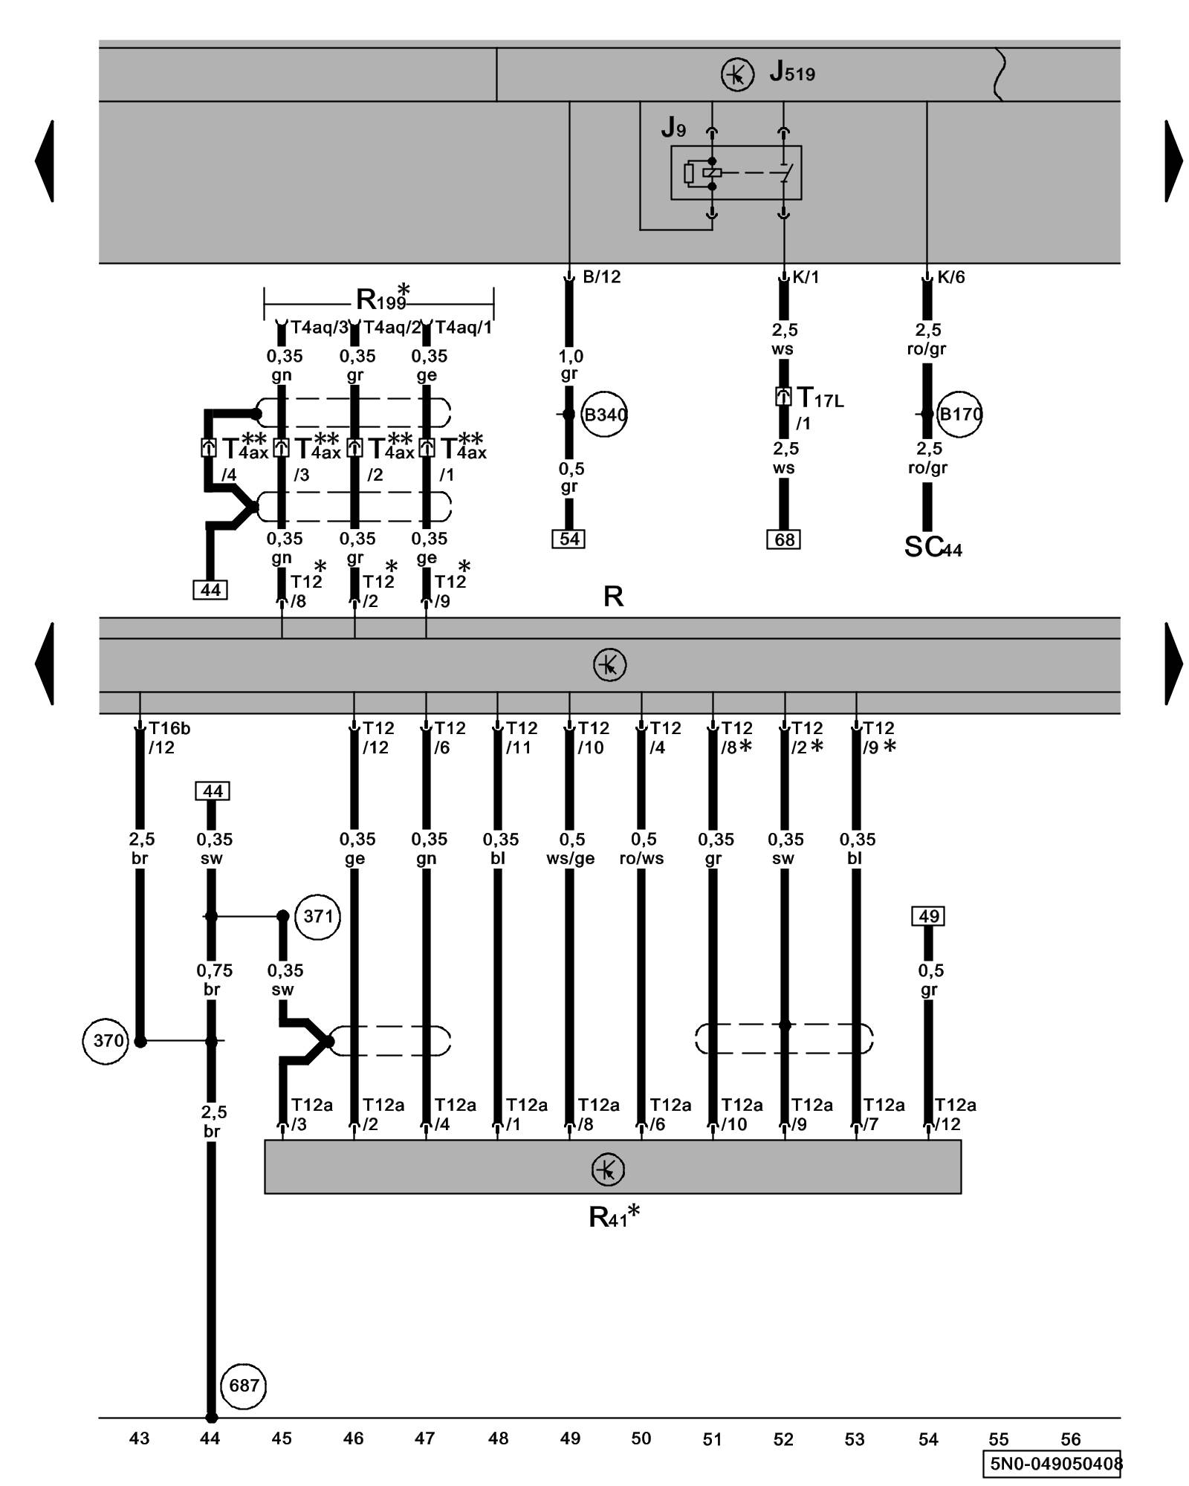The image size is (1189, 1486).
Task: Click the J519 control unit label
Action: click(x=792, y=73)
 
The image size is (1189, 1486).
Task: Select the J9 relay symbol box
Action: click(x=736, y=172)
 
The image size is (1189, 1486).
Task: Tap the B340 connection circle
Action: click(x=604, y=415)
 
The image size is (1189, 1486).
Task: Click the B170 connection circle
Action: click(x=960, y=415)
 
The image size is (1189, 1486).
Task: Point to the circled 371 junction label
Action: click(x=318, y=916)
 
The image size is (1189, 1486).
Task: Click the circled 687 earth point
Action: click(x=244, y=1386)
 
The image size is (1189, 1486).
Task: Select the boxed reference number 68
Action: click(x=784, y=540)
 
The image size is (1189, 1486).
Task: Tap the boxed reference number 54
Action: click(x=569, y=539)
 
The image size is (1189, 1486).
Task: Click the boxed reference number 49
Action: click(x=928, y=916)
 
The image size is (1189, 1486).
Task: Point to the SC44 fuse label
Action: click(x=933, y=548)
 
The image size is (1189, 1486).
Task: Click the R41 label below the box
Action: click(x=613, y=1217)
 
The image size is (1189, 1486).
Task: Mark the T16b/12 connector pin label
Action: click(x=168, y=738)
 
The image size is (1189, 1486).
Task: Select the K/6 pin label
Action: click(x=950, y=277)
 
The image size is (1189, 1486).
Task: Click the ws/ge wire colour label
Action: click(x=571, y=859)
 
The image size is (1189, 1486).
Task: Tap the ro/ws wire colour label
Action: click(x=642, y=859)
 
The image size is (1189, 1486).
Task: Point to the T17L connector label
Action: click(x=819, y=399)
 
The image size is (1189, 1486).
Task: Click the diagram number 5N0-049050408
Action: click(x=1054, y=1464)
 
